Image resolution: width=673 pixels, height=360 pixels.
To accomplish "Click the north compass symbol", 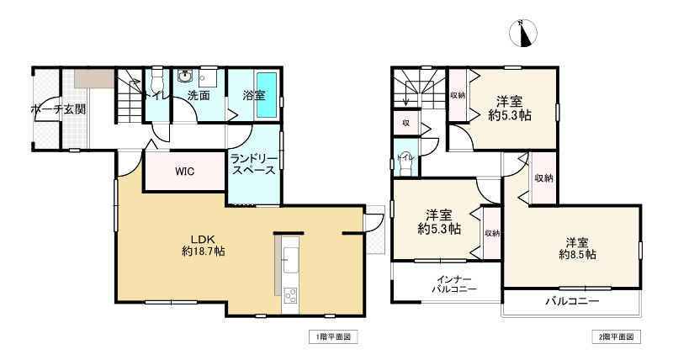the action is coord(522,34).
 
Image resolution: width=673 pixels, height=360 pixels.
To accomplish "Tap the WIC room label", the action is coord(184,172).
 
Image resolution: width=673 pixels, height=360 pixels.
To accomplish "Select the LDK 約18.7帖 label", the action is coord(203,246).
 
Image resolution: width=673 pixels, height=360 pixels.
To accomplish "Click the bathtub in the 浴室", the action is coord(267,95).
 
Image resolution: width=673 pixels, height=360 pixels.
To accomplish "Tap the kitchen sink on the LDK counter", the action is coord(290,260).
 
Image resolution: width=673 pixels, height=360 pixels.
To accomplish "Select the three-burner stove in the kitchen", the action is coord(290,295).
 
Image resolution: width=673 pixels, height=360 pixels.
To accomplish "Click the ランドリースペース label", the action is coord(253,164).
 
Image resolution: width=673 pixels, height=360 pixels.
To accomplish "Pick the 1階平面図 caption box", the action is coord(333,336).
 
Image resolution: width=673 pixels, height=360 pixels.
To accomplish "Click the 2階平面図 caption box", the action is coord(616,336).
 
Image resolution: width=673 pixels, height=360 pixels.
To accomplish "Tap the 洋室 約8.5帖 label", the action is coord(577,248).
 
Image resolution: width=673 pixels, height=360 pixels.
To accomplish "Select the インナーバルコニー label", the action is coord(454,284).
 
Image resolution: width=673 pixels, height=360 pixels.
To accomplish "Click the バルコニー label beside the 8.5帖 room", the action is coord(572,301).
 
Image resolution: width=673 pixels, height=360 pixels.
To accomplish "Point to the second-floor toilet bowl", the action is coord(405,163).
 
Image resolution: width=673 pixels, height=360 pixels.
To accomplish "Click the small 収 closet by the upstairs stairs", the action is coord(405,123).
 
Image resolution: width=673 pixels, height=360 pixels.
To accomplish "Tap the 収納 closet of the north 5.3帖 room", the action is coord(458,95).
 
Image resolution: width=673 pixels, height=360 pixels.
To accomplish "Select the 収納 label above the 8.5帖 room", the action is coord(543,177).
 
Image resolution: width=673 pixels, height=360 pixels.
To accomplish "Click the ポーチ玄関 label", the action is coord(58,109).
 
